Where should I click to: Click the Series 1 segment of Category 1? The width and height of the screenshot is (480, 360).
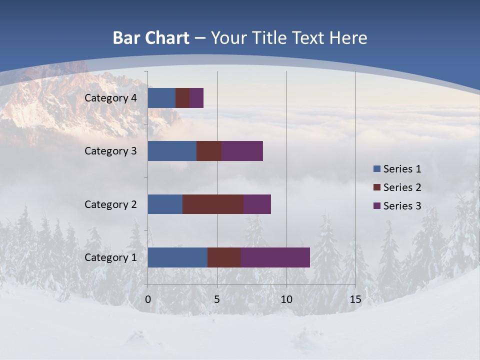click(x=177, y=257)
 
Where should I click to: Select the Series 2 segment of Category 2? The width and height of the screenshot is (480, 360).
click(x=213, y=204)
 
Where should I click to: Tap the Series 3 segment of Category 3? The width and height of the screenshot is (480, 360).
click(x=242, y=151)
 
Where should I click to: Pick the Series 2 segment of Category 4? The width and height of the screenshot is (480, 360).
click(x=182, y=98)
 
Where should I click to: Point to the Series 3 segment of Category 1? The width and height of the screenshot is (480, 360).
click(x=275, y=257)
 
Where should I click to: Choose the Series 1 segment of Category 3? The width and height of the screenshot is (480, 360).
click(x=172, y=151)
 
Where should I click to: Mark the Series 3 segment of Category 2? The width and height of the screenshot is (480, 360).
click(x=257, y=204)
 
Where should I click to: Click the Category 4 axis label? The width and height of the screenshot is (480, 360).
click(x=110, y=98)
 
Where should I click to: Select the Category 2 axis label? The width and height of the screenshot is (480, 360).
click(x=110, y=204)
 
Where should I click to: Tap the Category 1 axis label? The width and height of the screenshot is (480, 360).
click(x=110, y=257)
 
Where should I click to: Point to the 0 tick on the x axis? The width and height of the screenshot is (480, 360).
click(x=148, y=299)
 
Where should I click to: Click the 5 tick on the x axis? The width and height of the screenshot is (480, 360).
click(x=217, y=299)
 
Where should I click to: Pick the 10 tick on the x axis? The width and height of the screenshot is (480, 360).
click(x=286, y=299)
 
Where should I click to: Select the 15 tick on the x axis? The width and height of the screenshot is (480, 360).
click(x=355, y=299)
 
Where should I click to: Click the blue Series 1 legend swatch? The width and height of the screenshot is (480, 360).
click(x=376, y=169)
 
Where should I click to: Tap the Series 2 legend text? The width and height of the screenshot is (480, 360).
click(x=402, y=187)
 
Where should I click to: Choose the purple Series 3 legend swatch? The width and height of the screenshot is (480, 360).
click(x=376, y=206)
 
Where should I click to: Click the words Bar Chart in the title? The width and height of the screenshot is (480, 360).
click(x=151, y=38)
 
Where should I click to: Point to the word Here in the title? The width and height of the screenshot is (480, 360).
click(x=348, y=38)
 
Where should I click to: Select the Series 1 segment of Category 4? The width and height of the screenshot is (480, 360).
click(x=161, y=98)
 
